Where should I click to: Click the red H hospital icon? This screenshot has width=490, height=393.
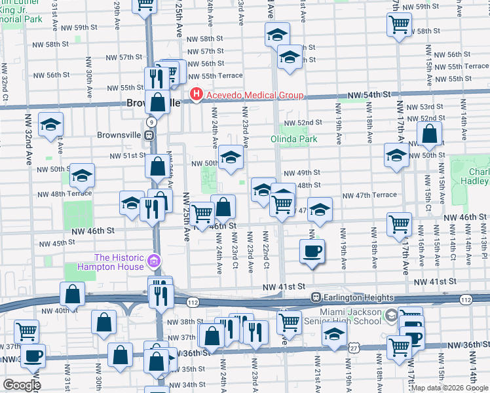tap(195, 96)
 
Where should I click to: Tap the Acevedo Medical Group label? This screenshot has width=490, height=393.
tap(254, 96)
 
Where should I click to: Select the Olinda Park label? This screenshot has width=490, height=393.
tap(294, 139)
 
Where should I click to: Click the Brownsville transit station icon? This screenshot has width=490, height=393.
tap(150, 136)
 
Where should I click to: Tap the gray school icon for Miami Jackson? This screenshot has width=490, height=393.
tap(392, 316)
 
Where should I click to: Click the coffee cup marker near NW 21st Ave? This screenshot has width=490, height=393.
tap(312, 252)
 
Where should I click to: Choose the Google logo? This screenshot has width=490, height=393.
tap(22, 385)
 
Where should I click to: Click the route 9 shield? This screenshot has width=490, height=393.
tap(151, 122)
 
